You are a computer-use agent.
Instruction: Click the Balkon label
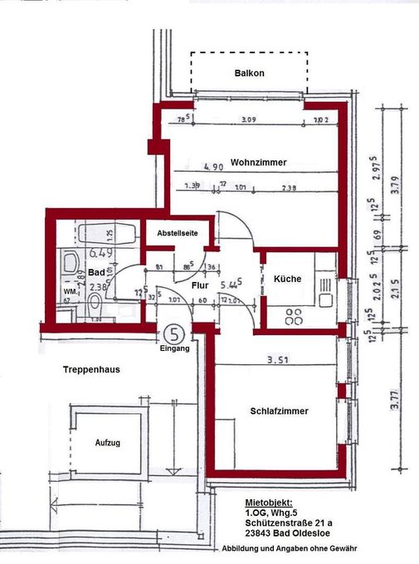pyautogui.click(x=249, y=74)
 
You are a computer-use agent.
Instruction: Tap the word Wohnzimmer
pyautogui.click(x=259, y=163)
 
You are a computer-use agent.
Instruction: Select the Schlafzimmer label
pyautogui.click(x=279, y=411)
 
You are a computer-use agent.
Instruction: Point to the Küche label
pyautogui.click(x=288, y=280)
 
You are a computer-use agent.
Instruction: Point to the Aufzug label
pyautogui.click(x=107, y=443)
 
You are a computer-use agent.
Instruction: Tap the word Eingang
pyautogui.click(x=175, y=349)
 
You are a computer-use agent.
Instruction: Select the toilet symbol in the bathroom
pyautogui.click(x=95, y=299)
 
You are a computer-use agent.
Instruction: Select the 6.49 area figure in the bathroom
pyautogui.click(x=101, y=252)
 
